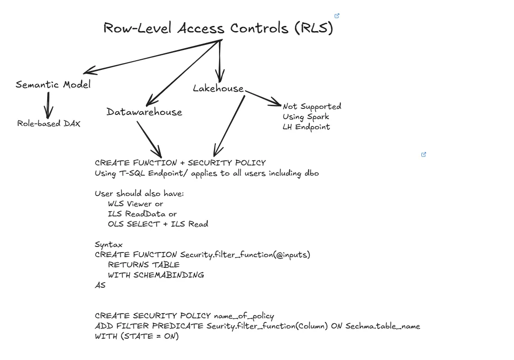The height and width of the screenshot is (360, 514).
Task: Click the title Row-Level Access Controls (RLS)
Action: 218,28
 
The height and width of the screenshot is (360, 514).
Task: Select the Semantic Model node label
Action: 53,84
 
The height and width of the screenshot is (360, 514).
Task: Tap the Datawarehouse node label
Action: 144,112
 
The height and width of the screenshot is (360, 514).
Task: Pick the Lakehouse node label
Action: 218,88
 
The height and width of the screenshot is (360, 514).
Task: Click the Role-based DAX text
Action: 49,124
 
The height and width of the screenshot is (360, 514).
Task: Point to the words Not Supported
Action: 312,107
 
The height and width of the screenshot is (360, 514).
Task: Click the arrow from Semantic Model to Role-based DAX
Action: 48,105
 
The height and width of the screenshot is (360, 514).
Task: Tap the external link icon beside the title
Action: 337,16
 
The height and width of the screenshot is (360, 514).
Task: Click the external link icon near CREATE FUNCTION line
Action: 423,155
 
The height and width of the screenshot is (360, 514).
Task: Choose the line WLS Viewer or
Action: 135,204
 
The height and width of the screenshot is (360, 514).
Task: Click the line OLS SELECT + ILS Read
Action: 158,224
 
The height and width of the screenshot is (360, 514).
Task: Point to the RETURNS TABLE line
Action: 144,265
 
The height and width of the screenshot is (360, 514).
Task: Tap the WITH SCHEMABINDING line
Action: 156,275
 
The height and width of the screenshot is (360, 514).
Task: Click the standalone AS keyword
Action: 100,285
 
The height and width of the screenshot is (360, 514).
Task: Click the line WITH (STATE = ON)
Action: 137,336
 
